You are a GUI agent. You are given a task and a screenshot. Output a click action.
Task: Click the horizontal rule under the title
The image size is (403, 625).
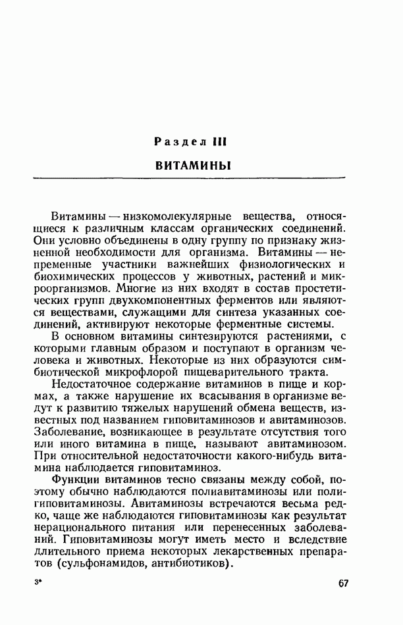pos(193,178)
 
